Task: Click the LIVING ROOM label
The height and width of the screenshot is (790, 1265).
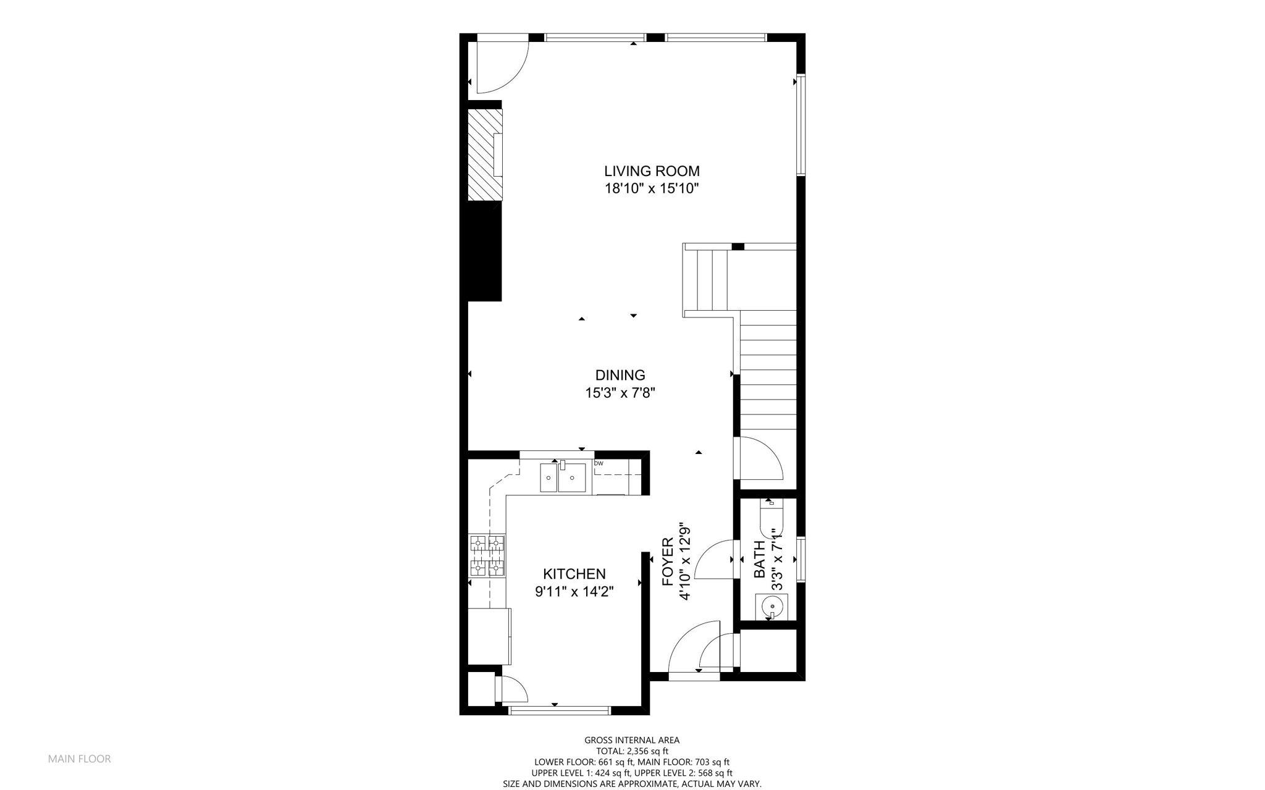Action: (652, 171)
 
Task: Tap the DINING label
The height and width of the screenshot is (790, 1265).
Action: (620, 375)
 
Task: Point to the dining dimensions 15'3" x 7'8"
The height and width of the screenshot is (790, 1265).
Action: (620, 393)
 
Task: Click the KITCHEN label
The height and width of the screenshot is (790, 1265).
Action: (574, 574)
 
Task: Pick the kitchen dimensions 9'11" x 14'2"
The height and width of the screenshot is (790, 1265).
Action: (574, 592)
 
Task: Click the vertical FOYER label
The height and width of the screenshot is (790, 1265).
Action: (668, 561)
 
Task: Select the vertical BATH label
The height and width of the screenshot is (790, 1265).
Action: (760, 559)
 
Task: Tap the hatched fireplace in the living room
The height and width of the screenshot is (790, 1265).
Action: (484, 154)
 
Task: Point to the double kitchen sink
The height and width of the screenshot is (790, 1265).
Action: (563, 478)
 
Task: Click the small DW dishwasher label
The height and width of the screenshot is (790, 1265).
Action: (599, 463)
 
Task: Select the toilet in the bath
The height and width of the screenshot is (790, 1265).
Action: (771, 520)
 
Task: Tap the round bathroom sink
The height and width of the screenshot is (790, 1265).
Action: (771, 607)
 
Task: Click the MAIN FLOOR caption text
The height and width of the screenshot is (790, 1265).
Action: (80, 759)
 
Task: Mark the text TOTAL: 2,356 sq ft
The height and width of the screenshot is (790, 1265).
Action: (632, 751)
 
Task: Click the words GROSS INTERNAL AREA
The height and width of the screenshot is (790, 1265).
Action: (632, 740)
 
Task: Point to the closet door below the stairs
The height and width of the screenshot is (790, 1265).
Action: (760, 458)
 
